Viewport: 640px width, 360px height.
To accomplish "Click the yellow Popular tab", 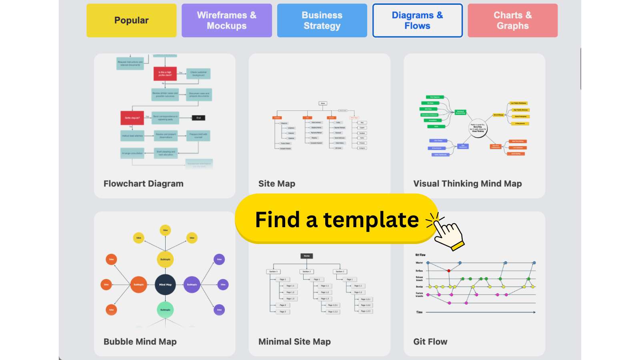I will pyautogui.click(x=131, y=20).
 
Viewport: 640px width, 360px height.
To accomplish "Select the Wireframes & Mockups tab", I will pyautogui.click(x=226, y=20).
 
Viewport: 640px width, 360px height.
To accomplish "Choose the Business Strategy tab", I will pyautogui.click(x=322, y=20).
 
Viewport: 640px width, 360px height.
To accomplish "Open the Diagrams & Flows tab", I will pyautogui.click(x=417, y=20).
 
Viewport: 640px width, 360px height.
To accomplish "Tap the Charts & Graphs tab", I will pyautogui.click(x=512, y=20).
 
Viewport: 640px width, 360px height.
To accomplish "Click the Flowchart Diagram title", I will pyautogui.click(x=144, y=184).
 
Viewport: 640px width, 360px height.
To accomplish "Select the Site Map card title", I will pyautogui.click(x=277, y=184).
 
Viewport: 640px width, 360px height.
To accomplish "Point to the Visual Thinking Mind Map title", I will pyautogui.click(x=468, y=184).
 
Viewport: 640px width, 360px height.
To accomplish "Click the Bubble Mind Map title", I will pyautogui.click(x=140, y=342).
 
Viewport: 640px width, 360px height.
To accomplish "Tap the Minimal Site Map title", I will pyautogui.click(x=294, y=342).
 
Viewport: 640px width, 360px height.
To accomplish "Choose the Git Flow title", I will pyautogui.click(x=430, y=342).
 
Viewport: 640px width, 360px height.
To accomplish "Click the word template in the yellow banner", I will pyautogui.click(x=371, y=220).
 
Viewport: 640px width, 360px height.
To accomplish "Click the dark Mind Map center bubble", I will pyautogui.click(x=165, y=284).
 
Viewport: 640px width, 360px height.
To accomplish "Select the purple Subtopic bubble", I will pyautogui.click(x=192, y=284).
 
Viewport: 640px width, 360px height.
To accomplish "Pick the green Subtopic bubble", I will pyautogui.click(x=165, y=310).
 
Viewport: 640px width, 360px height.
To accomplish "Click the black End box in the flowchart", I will pyautogui.click(x=198, y=118).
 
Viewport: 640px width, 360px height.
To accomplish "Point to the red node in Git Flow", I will pyautogui.click(x=449, y=271).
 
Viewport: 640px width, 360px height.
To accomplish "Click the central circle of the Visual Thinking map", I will pyautogui.click(x=478, y=128).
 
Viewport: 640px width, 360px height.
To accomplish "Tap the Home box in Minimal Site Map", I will pyautogui.click(x=307, y=256).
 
